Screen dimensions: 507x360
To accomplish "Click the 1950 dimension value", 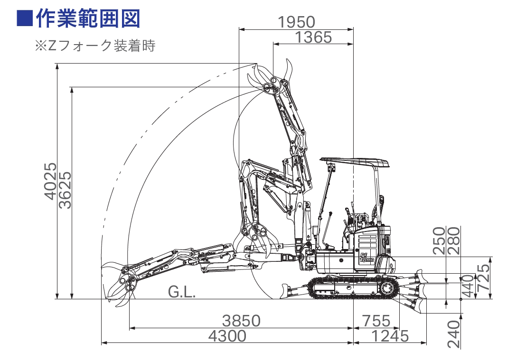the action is pyautogui.click(x=296, y=22).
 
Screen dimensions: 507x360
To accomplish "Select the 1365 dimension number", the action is pyautogui.click(x=313, y=37).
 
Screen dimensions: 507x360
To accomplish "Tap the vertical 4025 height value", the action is pyautogui.click(x=50, y=181).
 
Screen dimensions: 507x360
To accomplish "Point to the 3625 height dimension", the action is pyautogui.click(x=66, y=190).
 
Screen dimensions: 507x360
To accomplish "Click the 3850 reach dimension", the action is pyautogui.click(x=241, y=321).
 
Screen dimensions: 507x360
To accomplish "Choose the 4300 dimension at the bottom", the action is pyautogui.click(x=227, y=336).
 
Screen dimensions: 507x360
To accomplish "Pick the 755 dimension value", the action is pyautogui.click(x=376, y=321).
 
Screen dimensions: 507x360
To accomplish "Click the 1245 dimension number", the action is pyautogui.click(x=390, y=336).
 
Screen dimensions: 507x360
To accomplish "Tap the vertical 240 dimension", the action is pyautogui.click(x=454, y=334).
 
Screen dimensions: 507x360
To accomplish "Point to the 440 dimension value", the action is pyautogui.click(x=468, y=286).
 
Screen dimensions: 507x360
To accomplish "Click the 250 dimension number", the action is pyautogui.click(x=439, y=241).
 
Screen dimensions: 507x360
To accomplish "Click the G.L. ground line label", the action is pyautogui.click(x=182, y=292).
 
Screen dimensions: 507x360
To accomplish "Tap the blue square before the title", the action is pyautogui.click(x=25, y=18).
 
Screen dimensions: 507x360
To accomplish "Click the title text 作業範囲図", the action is pyautogui.click(x=88, y=18).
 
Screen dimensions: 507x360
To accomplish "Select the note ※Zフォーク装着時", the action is pyautogui.click(x=95, y=46).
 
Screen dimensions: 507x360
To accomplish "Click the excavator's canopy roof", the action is pyautogui.click(x=355, y=162).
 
